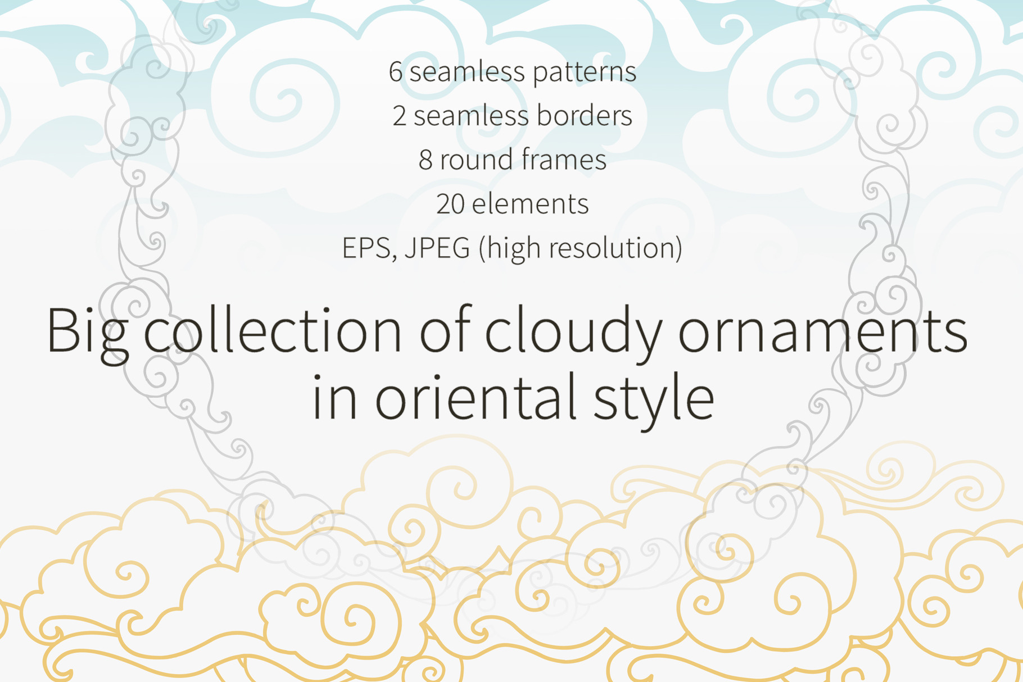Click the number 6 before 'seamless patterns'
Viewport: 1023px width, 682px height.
[396, 72]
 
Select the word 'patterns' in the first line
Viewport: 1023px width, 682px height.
[585, 73]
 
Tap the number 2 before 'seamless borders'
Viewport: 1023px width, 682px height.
[399, 116]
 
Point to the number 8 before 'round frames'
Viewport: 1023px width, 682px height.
[426, 160]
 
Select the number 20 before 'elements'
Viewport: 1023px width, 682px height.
[450, 203]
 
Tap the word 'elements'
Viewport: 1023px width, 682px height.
[530, 203]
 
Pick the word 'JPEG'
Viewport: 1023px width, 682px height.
[437, 249]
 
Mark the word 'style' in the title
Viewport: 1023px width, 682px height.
[654, 400]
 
